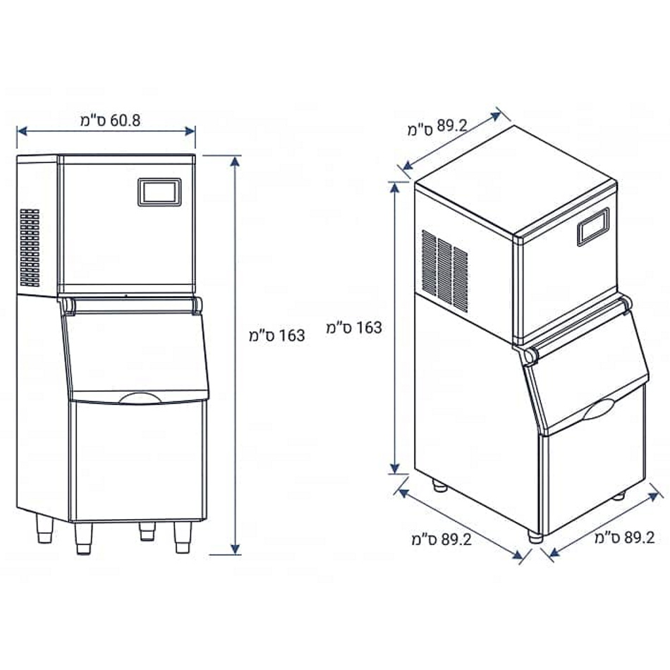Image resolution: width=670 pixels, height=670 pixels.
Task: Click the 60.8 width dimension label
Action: (x=110, y=121)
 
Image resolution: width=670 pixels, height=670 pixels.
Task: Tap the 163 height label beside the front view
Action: (x=277, y=336)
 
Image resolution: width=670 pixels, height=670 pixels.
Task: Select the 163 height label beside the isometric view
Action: (x=354, y=328)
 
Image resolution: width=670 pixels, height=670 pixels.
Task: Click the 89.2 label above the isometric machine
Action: (x=437, y=127)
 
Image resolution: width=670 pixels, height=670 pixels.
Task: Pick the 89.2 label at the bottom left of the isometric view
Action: (x=441, y=540)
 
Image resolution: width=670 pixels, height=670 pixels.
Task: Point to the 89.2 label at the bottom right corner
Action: (x=625, y=537)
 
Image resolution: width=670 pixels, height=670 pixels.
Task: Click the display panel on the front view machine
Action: (x=159, y=193)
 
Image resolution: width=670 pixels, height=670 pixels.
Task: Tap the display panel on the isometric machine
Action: (x=593, y=227)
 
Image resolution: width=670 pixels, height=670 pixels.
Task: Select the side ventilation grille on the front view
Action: (x=30, y=248)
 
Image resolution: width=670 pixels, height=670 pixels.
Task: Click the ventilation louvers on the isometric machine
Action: (x=444, y=271)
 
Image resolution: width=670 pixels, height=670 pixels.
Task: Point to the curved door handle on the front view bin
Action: (x=140, y=398)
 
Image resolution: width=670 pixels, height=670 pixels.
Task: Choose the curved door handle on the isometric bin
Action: (x=599, y=409)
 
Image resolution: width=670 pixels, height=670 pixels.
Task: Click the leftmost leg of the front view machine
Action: (x=44, y=528)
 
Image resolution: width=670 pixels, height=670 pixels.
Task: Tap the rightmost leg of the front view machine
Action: (x=183, y=537)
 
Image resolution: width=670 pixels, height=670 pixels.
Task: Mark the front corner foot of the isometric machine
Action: (x=535, y=537)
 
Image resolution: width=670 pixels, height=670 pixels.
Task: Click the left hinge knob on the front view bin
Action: (x=68, y=306)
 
